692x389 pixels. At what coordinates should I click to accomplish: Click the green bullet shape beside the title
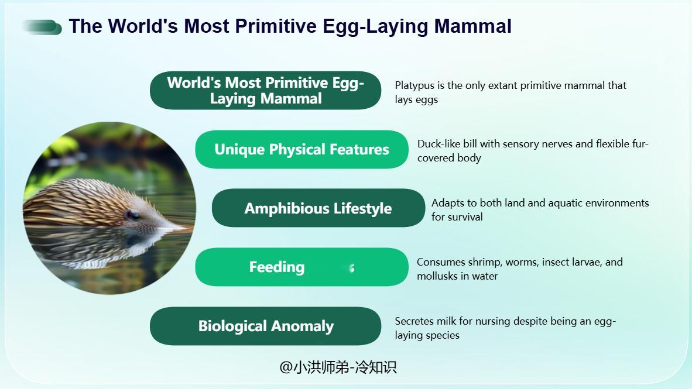click(42, 27)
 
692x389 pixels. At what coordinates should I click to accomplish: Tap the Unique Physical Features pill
click(302, 150)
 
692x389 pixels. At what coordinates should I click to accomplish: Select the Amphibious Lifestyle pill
click(318, 208)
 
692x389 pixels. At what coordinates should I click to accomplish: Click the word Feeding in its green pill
click(277, 267)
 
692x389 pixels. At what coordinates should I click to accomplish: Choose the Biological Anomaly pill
click(265, 326)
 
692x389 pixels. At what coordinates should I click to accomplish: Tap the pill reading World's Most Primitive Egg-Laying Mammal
click(265, 91)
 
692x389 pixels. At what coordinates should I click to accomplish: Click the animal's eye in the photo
click(132, 215)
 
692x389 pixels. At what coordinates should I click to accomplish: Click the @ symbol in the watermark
click(286, 367)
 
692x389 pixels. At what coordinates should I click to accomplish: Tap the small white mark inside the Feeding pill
click(352, 268)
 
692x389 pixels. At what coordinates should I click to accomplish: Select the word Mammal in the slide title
click(472, 26)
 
